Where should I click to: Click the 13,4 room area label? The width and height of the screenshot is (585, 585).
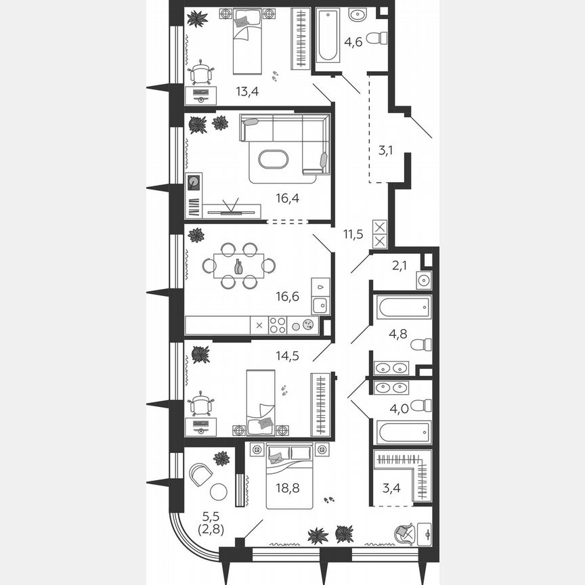(x=246, y=91)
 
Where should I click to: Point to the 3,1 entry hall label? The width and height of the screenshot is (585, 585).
(x=386, y=150)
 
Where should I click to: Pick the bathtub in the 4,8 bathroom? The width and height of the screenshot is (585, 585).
(x=404, y=307)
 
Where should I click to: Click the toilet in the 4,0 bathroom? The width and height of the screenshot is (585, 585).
(x=421, y=405)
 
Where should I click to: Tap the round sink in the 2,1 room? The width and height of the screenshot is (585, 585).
(x=425, y=280)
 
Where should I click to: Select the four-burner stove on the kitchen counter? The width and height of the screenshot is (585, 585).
(x=278, y=325)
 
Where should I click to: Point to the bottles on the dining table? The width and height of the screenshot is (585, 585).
(x=238, y=266)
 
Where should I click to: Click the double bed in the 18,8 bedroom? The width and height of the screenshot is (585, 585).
(x=289, y=474)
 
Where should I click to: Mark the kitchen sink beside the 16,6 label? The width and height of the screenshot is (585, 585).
(x=320, y=305)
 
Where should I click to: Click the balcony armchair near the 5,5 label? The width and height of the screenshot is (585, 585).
(x=200, y=473)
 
